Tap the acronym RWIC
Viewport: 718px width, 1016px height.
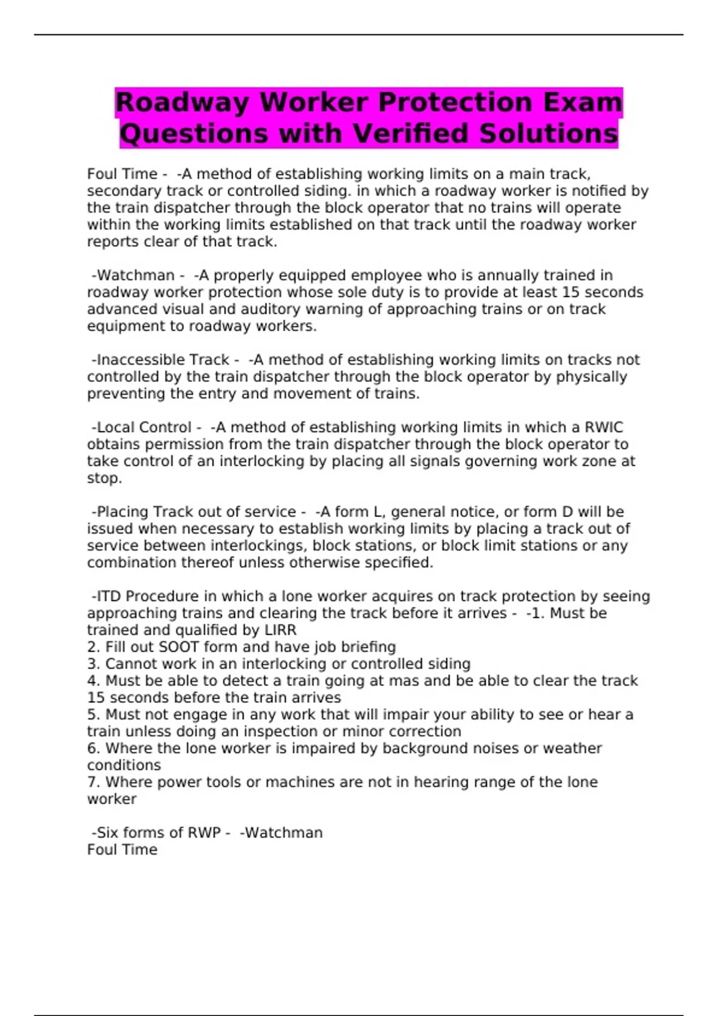(x=604, y=427)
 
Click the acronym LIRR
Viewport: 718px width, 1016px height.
(x=280, y=631)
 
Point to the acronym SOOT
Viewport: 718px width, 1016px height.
(x=178, y=647)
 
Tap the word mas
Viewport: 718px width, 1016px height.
(x=404, y=681)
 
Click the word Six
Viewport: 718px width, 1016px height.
(x=108, y=833)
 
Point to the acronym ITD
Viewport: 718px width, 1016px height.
(x=109, y=596)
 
